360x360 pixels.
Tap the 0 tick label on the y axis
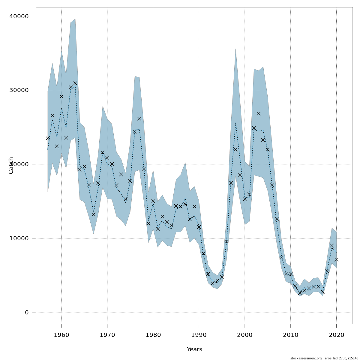pyautogui.click(x=27, y=312)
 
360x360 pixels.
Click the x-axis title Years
pyautogui.click(x=194, y=349)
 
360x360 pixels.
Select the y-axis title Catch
pyautogui.click(x=11, y=165)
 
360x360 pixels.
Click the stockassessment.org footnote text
pyautogui.click(x=324, y=358)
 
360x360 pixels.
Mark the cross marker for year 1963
pyautogui.click(x=75, y=83)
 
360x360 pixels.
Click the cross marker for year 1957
pyautogui.click(x=48, y=138)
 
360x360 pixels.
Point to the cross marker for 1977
pyautogui.click(x=139, y=119)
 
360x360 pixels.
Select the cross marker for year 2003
pyautogui.click(x=259, y=114)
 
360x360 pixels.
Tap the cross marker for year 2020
pyautogui.click(x=336, y=259)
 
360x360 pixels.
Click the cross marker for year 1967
pyautogui.click(x=94, y=214)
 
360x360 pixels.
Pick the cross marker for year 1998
pyautogui.click(x=235, y=149)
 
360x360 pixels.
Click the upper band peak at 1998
pyautogui.click(x=235, y=49)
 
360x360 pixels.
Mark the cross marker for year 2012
pyautogui.click(x=300, y=293)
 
